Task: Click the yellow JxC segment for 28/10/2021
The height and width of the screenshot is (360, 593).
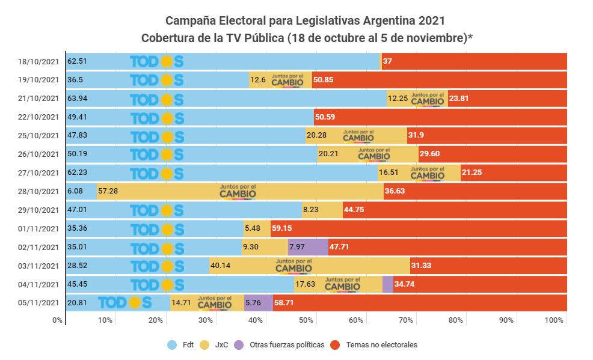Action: point(241,192)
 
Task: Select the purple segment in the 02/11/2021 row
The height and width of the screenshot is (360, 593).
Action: point(308,247)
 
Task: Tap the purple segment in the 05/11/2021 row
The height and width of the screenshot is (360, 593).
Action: point(258,303)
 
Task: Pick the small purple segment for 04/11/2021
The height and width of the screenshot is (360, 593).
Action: point(388,284)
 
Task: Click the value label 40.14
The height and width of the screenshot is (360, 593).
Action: point(221,266)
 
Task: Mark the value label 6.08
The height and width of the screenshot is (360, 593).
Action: point(76,192)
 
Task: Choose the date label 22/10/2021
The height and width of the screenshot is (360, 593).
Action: point(39,117)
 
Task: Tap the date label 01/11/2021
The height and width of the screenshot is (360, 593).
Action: point(39,229)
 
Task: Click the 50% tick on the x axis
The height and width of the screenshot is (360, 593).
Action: point(306,320)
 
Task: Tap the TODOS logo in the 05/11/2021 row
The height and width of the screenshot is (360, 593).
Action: point(124,303)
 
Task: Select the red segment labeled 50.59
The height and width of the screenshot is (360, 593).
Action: point(440,117)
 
